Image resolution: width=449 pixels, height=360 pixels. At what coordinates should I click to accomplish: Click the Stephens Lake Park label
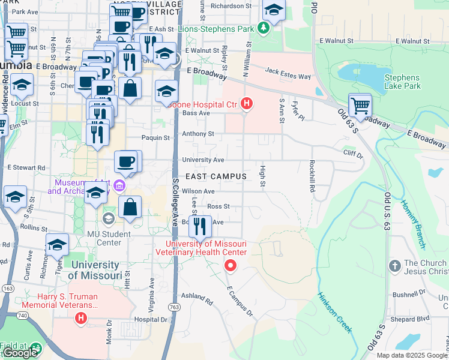(402, 82)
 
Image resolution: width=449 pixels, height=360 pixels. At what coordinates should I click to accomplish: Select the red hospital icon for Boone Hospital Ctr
(246, 104)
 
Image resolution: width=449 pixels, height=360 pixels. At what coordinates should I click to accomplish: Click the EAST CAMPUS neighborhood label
(216, 176)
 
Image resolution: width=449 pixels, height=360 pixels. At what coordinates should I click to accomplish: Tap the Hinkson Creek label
(335, 313)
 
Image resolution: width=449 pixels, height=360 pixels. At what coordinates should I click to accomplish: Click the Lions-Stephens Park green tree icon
(262, 27)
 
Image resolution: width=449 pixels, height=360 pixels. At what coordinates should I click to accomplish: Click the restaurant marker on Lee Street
(200, 226)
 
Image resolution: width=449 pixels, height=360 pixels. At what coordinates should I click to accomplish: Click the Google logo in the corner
(20, 353)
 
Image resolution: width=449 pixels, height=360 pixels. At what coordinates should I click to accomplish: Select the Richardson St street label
(231, 6)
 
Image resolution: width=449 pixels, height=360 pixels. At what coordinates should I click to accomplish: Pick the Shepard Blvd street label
(415, 319)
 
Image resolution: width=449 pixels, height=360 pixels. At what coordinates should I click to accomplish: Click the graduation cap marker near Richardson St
(274, 10)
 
